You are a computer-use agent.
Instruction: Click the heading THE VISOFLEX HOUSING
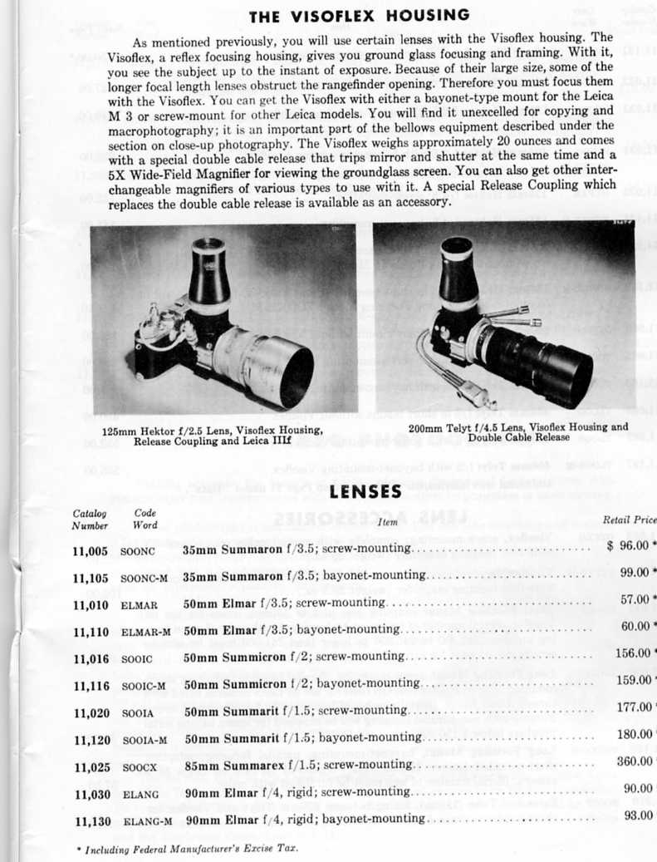click(x=359, y=15)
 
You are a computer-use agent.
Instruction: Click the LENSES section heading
click(x=365, y=492)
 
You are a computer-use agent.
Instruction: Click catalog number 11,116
click(x=91, y=684)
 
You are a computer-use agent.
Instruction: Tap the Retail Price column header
click(x=629, y=520)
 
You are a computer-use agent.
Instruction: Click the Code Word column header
click(x=145, y=519)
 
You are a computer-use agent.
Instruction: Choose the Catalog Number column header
click(x=90, y=519)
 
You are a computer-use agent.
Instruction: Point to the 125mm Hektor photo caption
click(x=213, y=435)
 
